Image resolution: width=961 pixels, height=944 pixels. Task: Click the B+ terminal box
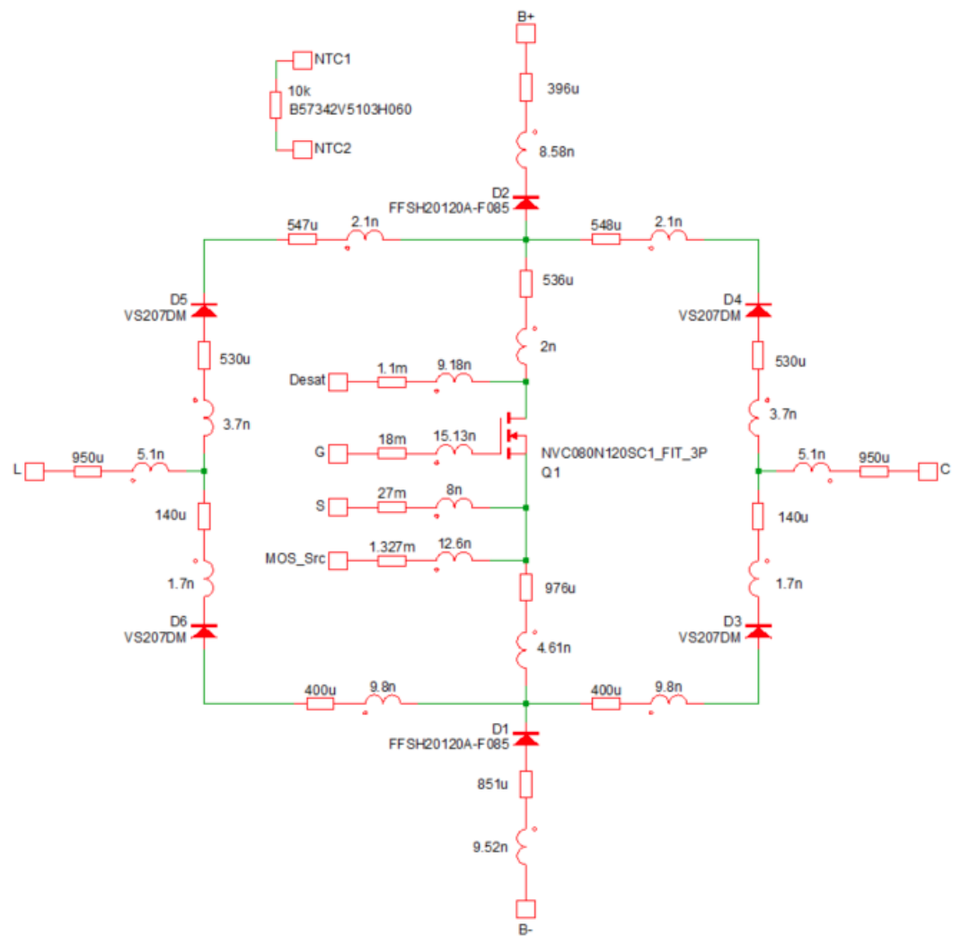click(525, 33)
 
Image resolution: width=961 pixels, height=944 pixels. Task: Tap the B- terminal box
click(525, 909)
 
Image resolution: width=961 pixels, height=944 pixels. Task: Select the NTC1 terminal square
click(302, 60)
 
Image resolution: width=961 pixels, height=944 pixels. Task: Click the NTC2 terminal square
click(302, 150)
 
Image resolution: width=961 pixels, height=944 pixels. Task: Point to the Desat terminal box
click(338, 382)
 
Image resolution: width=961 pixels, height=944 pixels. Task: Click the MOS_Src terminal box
click(338, 560)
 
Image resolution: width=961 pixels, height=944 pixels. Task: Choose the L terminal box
click(34, 472)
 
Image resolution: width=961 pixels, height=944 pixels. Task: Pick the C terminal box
click(928, 472)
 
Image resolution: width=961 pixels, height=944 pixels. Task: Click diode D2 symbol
click(525, 203)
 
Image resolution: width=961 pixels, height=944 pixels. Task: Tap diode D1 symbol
click(525, 738)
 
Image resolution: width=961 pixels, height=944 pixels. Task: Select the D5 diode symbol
click(204, 310)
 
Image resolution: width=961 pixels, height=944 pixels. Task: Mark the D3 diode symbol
click(758, 631)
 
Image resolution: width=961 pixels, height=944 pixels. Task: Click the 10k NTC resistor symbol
click(276, 105)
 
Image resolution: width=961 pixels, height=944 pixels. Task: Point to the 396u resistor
click(525, 87)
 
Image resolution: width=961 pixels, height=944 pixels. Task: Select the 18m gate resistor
click(392, 454)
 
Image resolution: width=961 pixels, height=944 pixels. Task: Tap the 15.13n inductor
click(454, 451)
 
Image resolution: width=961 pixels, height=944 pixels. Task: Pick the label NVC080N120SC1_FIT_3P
click(624, 453)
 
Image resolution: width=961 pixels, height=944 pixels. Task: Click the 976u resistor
click(525, 587)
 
